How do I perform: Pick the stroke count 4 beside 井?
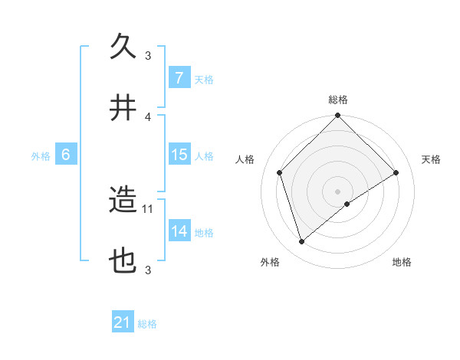(149, 116)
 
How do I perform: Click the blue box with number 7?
(179, 78)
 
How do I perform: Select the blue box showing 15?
(179, 155)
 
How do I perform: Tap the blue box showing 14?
(179, 231)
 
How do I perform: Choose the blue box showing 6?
(66, 155)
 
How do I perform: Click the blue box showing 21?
(123, 323)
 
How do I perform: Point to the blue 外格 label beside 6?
(41, 155)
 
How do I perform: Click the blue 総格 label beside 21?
(147, 324)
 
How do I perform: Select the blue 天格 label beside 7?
(203, 79)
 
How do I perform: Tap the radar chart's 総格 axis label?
(338, 100)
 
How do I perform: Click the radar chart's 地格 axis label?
(402, 262)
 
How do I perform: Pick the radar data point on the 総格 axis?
(338, 116)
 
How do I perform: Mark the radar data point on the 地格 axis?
(347, 204)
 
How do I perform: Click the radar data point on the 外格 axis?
(301, 242)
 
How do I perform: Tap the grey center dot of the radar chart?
(338, 191)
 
